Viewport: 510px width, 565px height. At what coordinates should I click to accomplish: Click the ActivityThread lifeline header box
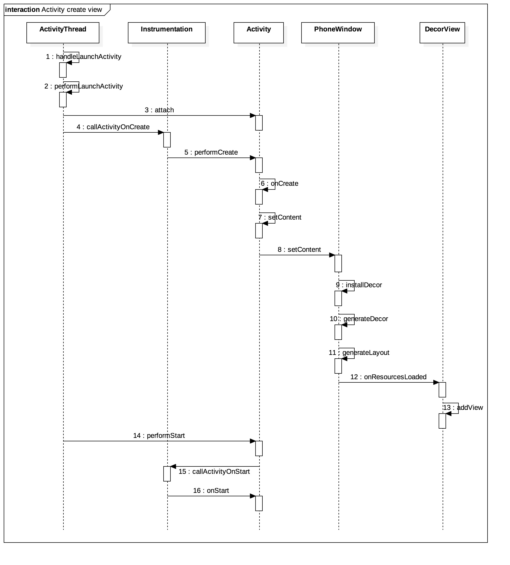[x=63, y=33]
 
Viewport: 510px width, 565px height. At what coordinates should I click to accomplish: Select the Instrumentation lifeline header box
[x=166, y=33]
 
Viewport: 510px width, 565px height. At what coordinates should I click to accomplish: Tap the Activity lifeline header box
[x=258, y=33]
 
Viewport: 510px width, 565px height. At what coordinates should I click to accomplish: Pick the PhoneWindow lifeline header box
[x=338, y=33]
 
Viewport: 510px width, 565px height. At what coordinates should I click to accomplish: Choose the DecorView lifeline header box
[x=442, y=33]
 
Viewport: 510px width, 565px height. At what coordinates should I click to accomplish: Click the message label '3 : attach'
[x=159, y=110]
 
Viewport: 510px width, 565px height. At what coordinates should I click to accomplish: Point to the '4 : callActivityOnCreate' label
[x=113, y=127]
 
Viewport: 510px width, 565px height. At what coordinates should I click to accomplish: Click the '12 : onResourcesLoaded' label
[x=388, y=377]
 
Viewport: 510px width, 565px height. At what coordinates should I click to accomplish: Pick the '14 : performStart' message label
[x=159, y=436]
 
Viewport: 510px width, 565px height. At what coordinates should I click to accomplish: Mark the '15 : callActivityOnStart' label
[x=214, y=472]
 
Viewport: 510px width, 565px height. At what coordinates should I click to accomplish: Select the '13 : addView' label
[x=463, y=408]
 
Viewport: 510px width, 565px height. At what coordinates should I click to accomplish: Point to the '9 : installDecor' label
[x=359, y=285]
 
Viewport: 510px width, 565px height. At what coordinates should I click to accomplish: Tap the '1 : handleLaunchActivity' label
[x=84, y=57]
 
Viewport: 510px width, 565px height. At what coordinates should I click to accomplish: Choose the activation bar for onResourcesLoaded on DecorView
[x=442, y=390]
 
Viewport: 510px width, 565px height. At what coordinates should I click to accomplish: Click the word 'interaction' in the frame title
[x=22, y=10]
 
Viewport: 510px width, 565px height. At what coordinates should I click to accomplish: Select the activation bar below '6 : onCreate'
[x=259, y=197]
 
